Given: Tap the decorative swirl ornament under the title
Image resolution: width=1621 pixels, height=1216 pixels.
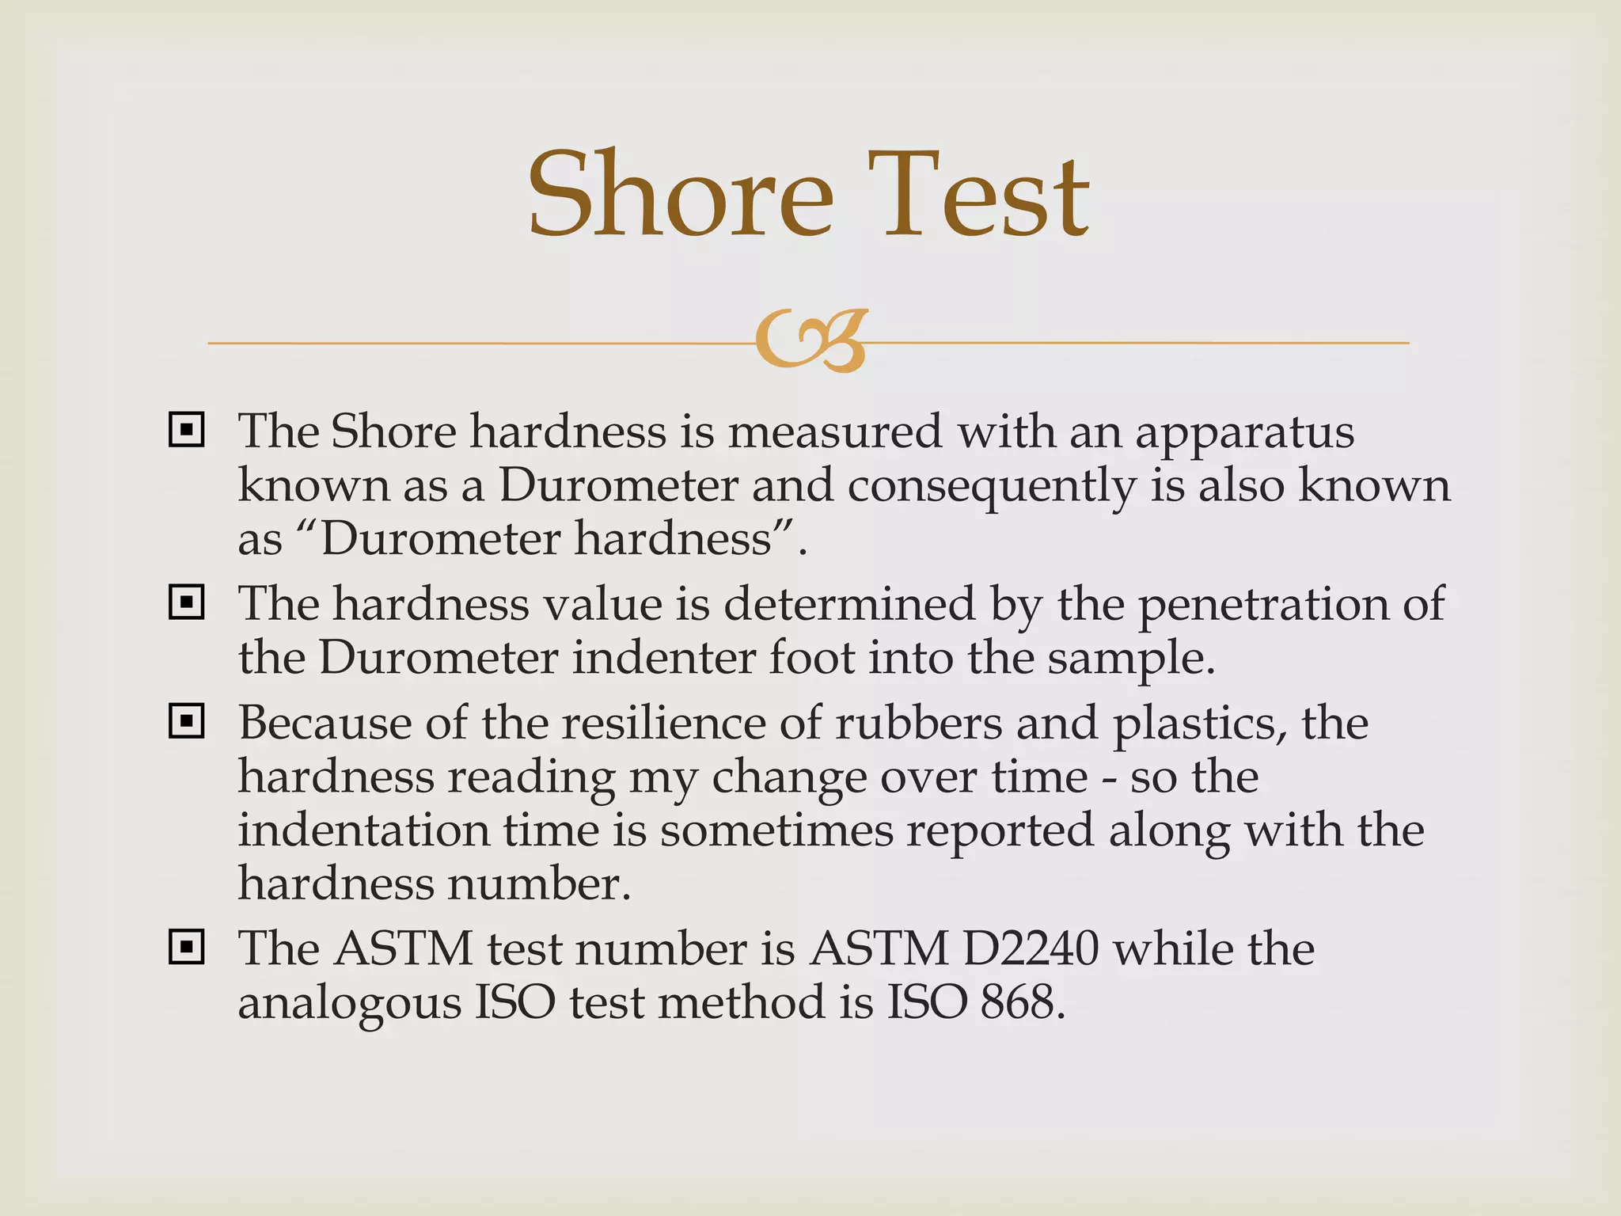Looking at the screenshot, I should (x=810, y=341).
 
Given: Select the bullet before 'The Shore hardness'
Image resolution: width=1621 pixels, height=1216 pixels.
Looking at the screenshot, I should (x=187, y=430).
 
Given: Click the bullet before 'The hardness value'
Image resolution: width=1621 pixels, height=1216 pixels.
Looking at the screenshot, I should (x=187, y=603).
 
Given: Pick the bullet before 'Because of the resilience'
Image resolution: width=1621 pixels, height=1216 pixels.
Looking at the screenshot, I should (x=187, y=722).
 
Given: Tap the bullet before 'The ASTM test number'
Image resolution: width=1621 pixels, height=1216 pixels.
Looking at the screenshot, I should (x=187, y=947).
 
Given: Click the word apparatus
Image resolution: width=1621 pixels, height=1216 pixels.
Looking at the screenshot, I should (x=1244, y=434).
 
